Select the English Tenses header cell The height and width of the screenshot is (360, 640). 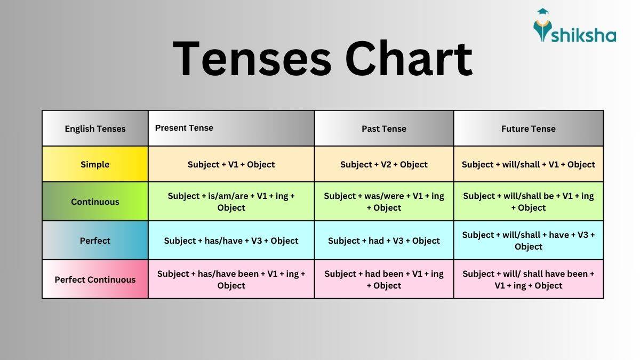click(95, 129)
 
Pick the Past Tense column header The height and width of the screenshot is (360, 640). click(384, 129)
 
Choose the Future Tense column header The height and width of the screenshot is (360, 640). click(528, 129)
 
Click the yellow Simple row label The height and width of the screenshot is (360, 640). click(95, 164)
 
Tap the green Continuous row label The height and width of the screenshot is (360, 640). click(95, 202)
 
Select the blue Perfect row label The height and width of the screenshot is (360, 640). click(95, 241)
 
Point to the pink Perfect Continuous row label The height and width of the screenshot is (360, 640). click(95, 279)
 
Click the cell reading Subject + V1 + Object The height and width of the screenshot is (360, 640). click(231, 164)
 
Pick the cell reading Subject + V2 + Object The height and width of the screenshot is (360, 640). click(384, 164)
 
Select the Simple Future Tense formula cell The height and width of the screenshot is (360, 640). click(528, 164)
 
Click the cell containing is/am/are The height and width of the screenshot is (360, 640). click(231, 202)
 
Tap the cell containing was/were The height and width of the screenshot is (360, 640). click(384, 202)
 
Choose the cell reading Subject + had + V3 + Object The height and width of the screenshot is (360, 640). click(384, 241)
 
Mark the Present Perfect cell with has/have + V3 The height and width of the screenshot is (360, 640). click(231, 241)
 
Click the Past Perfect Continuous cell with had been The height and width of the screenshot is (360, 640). click(384, 279)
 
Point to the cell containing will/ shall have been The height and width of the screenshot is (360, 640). click(528, 279)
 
